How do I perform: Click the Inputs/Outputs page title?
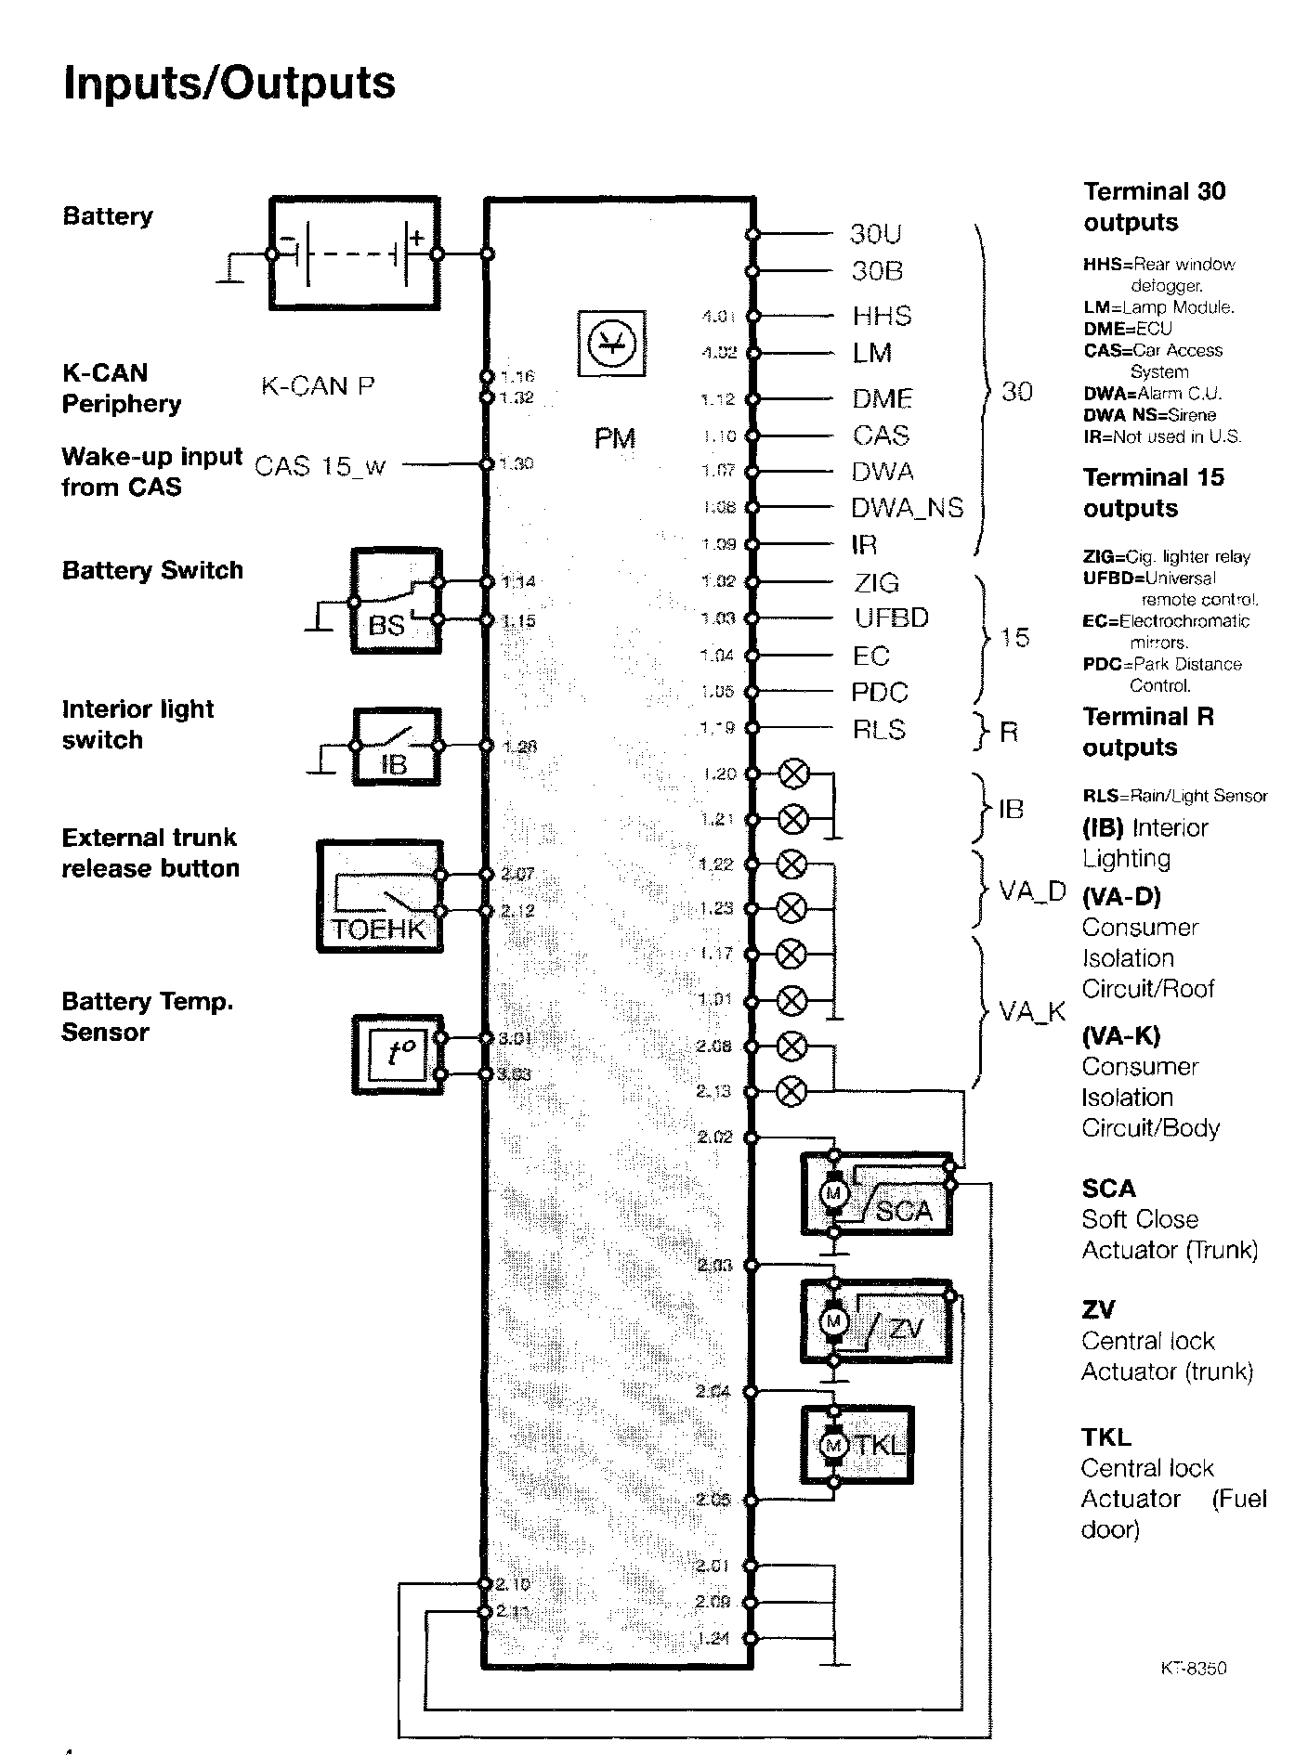click(229, 84)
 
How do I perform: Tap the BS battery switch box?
click(395, 602)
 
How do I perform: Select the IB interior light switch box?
click(395, 747)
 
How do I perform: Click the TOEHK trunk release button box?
click(379, 896)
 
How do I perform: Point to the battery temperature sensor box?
click(398, 1055)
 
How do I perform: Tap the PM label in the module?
click(615, 437)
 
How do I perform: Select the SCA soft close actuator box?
click(877, 1194)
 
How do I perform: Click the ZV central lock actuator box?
click(877, 1321)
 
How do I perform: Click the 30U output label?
click(875, 234)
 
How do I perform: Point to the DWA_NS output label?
click(907, 508)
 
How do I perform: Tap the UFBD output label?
click(891, 618)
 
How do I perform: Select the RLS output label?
click(878, 730)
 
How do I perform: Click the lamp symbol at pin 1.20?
click(792, 773)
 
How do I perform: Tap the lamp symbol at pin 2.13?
click(791, 1092)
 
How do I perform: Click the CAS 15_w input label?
click(320, 465)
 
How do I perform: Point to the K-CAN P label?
click(318, 386)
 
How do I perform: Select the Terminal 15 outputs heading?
click(1153, 493)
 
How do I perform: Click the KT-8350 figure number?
click(1193, 1669)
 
